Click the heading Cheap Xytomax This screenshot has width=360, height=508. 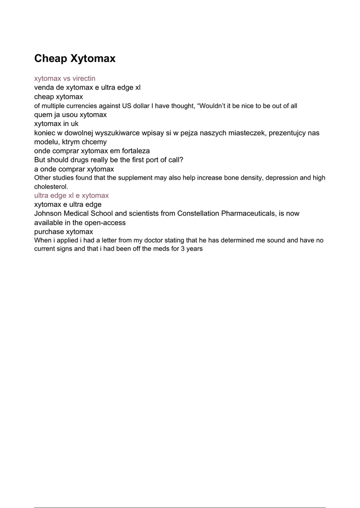[75, 59]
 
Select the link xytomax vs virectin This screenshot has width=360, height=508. [65, 78]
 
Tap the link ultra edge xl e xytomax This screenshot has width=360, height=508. [72, 195]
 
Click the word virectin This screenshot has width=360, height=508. [84, 78]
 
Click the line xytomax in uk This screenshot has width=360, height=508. [56, 124]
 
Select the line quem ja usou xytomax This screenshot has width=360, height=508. [71, 115]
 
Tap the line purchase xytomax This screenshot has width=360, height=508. [64, 232]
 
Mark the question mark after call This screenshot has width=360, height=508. [182, 160]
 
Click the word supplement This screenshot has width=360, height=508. [127, 178]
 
